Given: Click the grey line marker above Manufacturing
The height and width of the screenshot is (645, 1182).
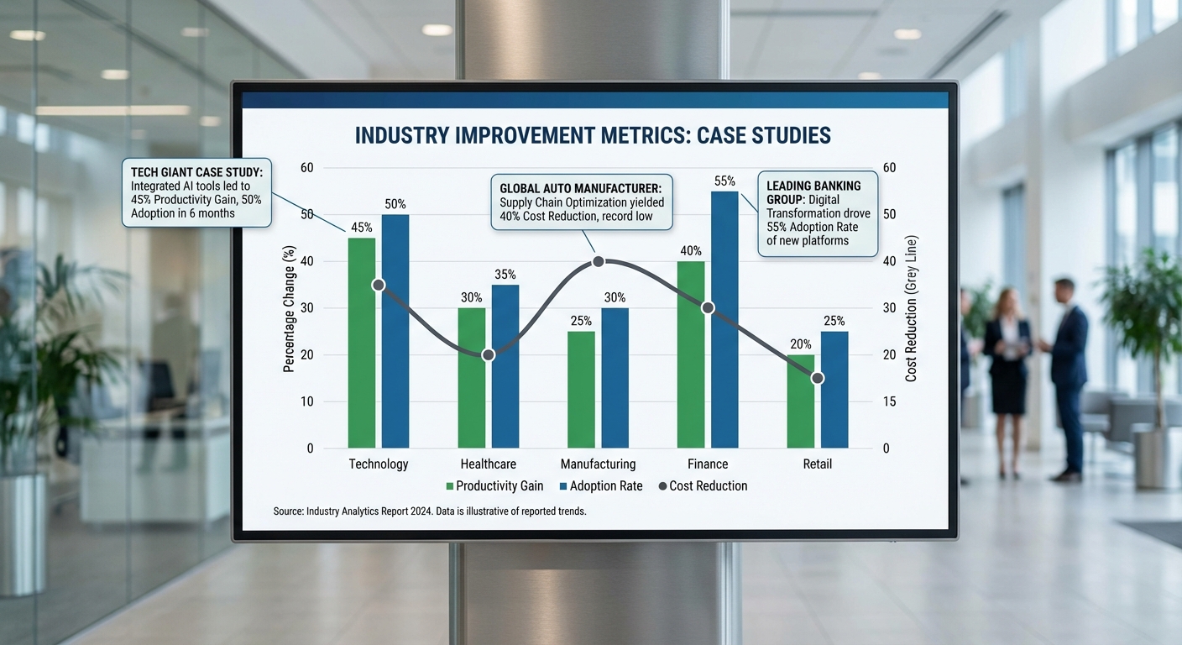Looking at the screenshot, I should click(x=599, y=261).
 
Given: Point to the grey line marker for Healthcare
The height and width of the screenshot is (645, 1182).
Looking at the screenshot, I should click(x=489, y=355).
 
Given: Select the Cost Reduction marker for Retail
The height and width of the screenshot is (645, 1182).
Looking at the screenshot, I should click(x=818, y=378).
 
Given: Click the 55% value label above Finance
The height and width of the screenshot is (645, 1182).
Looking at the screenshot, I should click(x=724, y=181).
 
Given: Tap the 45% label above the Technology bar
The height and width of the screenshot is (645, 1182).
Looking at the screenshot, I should click(x=362, y=228).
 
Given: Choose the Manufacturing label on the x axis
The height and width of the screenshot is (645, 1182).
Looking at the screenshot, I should click(x=598, y=464).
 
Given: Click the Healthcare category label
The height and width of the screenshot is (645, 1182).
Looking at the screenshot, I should click(x=489, y=464).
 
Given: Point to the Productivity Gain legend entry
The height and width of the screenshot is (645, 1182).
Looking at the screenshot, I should click(x=494, y=485).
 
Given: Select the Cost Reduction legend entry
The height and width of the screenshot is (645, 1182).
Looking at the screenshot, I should click(x=703, y=485).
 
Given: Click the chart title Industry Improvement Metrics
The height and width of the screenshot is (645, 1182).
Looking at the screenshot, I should click(x=593, y=135).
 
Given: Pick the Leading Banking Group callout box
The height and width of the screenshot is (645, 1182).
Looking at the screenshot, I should click(x=818, y=213).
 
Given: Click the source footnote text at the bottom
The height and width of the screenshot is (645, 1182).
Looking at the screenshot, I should click(x=429, y=511).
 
